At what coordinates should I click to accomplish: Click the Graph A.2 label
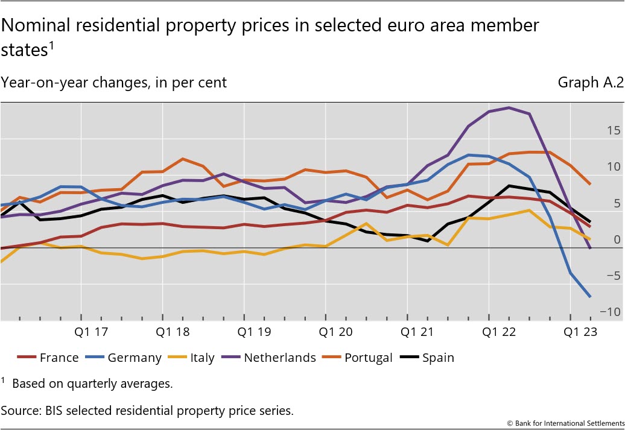[590, 83]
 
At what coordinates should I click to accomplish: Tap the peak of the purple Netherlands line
[509, 107]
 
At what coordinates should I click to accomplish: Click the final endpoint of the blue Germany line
[589, 296]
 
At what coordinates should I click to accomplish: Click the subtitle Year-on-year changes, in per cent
[114, 83]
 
